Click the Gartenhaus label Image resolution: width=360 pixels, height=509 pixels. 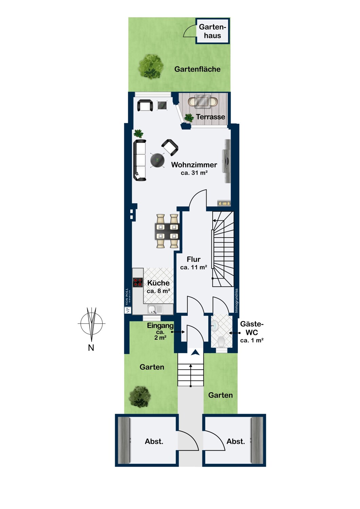pyautogui.click(x=212, y=31)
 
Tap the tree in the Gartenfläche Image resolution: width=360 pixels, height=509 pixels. pyautogui.click(x=151, y=66)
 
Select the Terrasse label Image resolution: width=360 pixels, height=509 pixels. pyautogui.click(x=210, y=117)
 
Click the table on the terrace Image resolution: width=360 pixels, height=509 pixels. pyautogui.click(x=203, y=101)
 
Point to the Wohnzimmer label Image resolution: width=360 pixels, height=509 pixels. pyautogui.click(x=194, y=165)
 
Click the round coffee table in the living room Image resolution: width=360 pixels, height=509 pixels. pyautogui.click(x=158, y=160)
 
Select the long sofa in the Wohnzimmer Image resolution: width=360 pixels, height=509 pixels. pyautogui.click(x=140, y=160)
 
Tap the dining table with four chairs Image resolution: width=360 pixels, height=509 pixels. pyautogui.click(x=167, y=231)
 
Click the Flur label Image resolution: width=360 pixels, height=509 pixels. pyautogui.click(x=194, y=260)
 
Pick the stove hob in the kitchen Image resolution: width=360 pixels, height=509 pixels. pyautogui.click(x=138, y=282)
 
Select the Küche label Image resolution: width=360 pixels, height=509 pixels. pyautogui.click(x=158, y=283)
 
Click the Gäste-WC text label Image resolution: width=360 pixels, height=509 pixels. pyautogui.click(x=252, y=328)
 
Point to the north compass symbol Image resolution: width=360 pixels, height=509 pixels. pyautogui.click(x=91, y=324)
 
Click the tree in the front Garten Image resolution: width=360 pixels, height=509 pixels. pyautogui.click(x=140, y=396)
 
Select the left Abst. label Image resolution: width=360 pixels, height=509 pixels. pyautogui.click(x=154, y=441)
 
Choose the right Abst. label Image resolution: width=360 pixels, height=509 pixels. pyautogui.click(x=236, y=441)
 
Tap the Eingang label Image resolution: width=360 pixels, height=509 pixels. pyautogui.click(x=160, y=326)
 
